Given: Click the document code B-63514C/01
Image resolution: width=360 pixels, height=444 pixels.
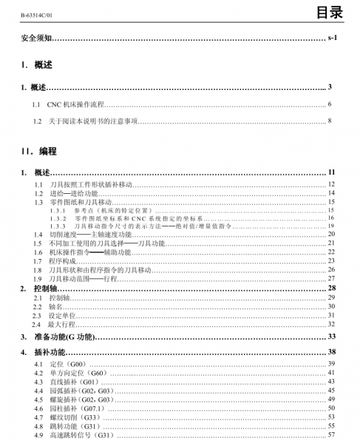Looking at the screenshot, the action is pos(26,13).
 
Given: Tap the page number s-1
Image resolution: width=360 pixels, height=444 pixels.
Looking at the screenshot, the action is pos(331,37).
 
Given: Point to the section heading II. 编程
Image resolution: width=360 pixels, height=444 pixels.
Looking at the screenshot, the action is pos(39,151).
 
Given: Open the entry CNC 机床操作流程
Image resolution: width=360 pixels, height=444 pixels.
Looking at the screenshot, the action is pos(78,104).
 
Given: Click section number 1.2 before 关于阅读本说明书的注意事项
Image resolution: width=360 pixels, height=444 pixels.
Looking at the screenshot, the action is pos(37,120).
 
